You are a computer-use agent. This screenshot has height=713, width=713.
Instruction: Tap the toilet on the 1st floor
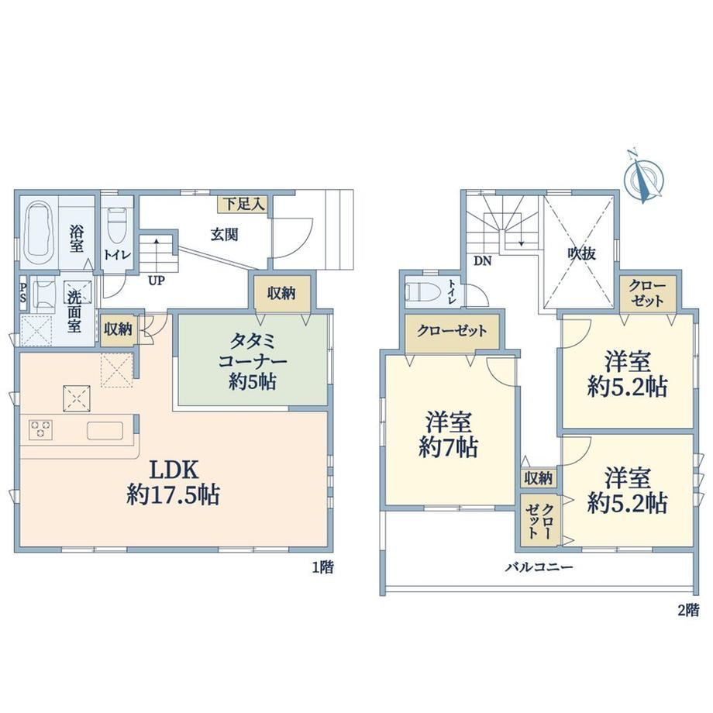[117, 226]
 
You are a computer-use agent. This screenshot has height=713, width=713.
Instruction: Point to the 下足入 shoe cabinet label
[243, 204]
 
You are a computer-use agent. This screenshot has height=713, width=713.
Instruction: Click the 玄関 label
[224, 235]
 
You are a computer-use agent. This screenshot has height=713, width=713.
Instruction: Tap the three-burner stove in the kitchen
[41, 429]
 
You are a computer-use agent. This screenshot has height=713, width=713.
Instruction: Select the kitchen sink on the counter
[105, 431]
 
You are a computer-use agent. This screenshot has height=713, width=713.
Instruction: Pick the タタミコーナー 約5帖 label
[253, 362]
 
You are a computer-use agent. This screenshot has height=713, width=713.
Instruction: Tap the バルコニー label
[539, 567]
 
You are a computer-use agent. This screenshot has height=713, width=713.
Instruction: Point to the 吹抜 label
[581, 253]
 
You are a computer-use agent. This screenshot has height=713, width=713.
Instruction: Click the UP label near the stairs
[156, 281]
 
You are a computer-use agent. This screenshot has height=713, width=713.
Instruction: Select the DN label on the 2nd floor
[483, 261]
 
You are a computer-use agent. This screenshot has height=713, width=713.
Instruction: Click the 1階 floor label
[322, 567]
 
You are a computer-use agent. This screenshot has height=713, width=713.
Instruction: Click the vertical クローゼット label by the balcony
[539, 522]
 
